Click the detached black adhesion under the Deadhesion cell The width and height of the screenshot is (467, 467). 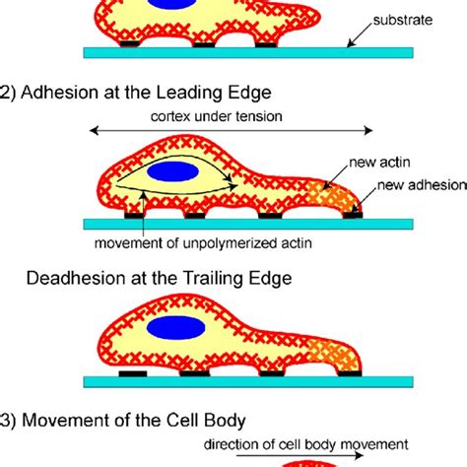[x=133, y=373]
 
